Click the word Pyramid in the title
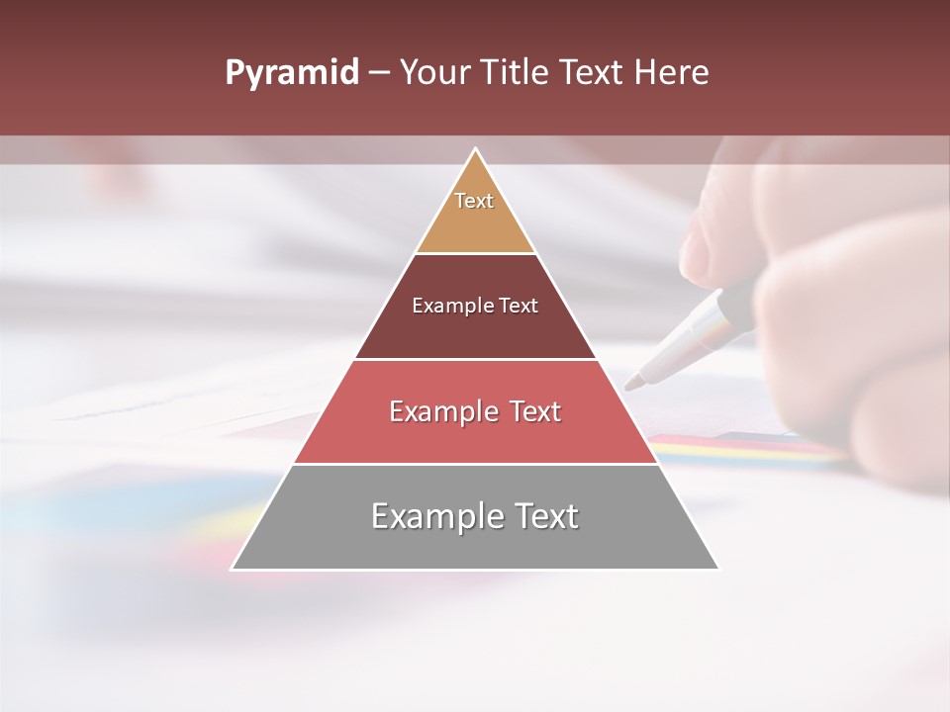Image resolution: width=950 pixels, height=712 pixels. [291, 73]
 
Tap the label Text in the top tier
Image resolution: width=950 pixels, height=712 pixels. [474, 201]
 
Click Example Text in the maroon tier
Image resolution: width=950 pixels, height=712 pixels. [475, 306]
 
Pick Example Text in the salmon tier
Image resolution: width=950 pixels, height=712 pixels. [475, 411]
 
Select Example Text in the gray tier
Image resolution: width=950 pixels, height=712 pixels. [475, 516]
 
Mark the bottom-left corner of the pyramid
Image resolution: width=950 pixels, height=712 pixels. [233, 569]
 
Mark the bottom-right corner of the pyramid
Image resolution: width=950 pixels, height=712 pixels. [717, 569]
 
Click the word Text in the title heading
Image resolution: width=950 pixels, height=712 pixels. [594, 73]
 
